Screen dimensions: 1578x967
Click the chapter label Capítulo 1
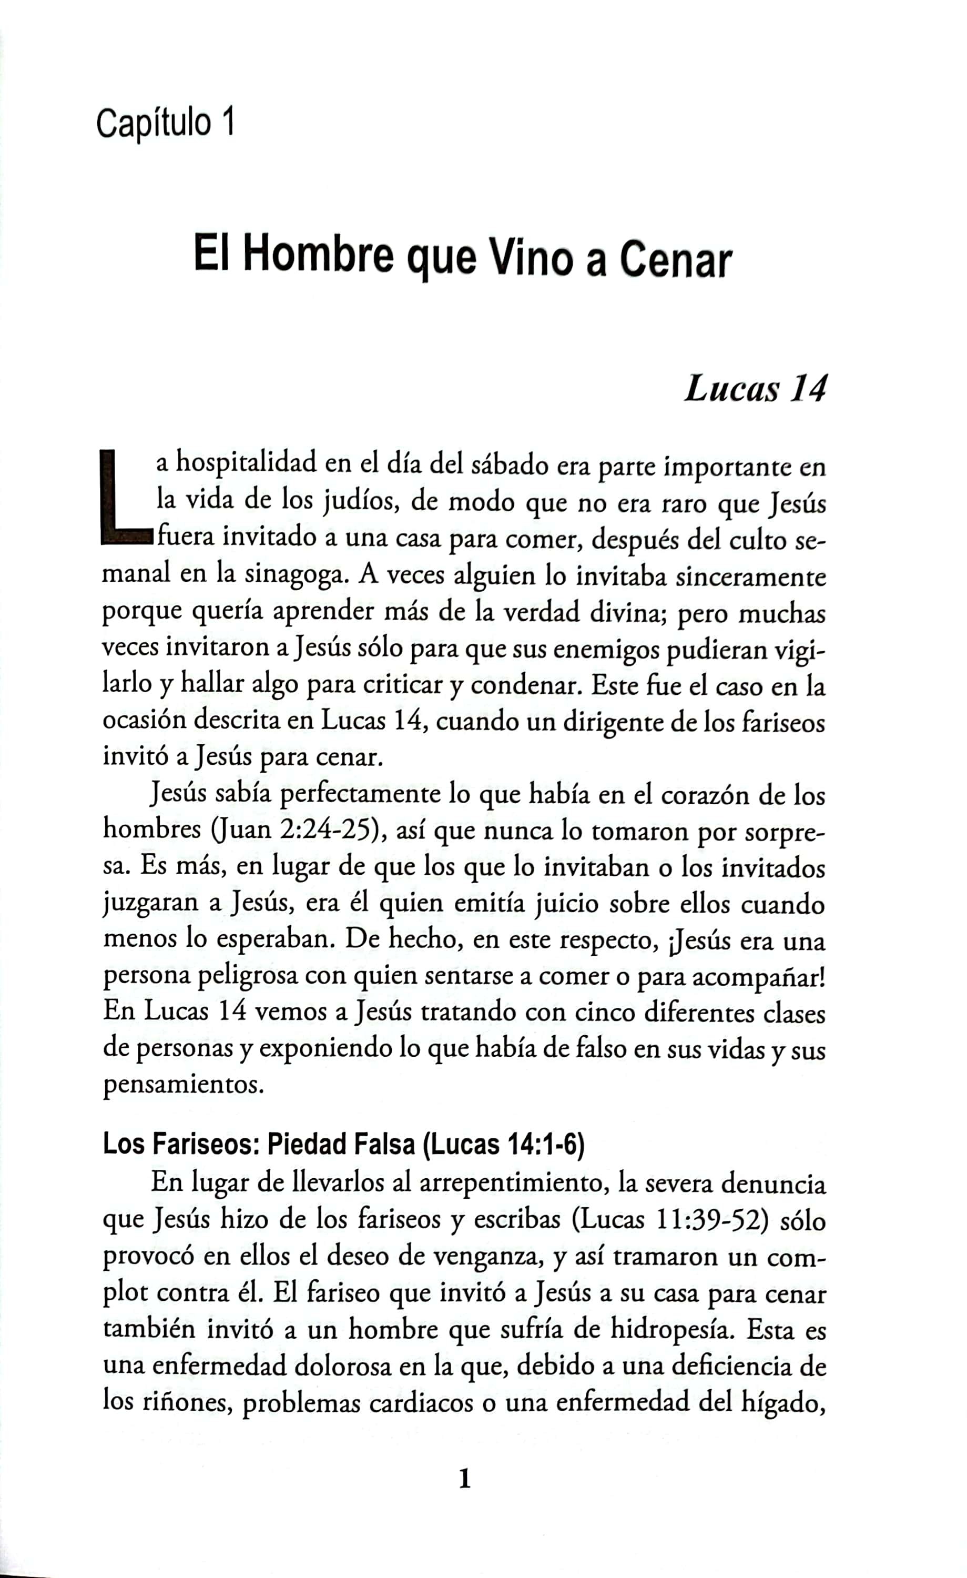pos(165,123)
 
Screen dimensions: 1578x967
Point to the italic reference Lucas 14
pos(755,389)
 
